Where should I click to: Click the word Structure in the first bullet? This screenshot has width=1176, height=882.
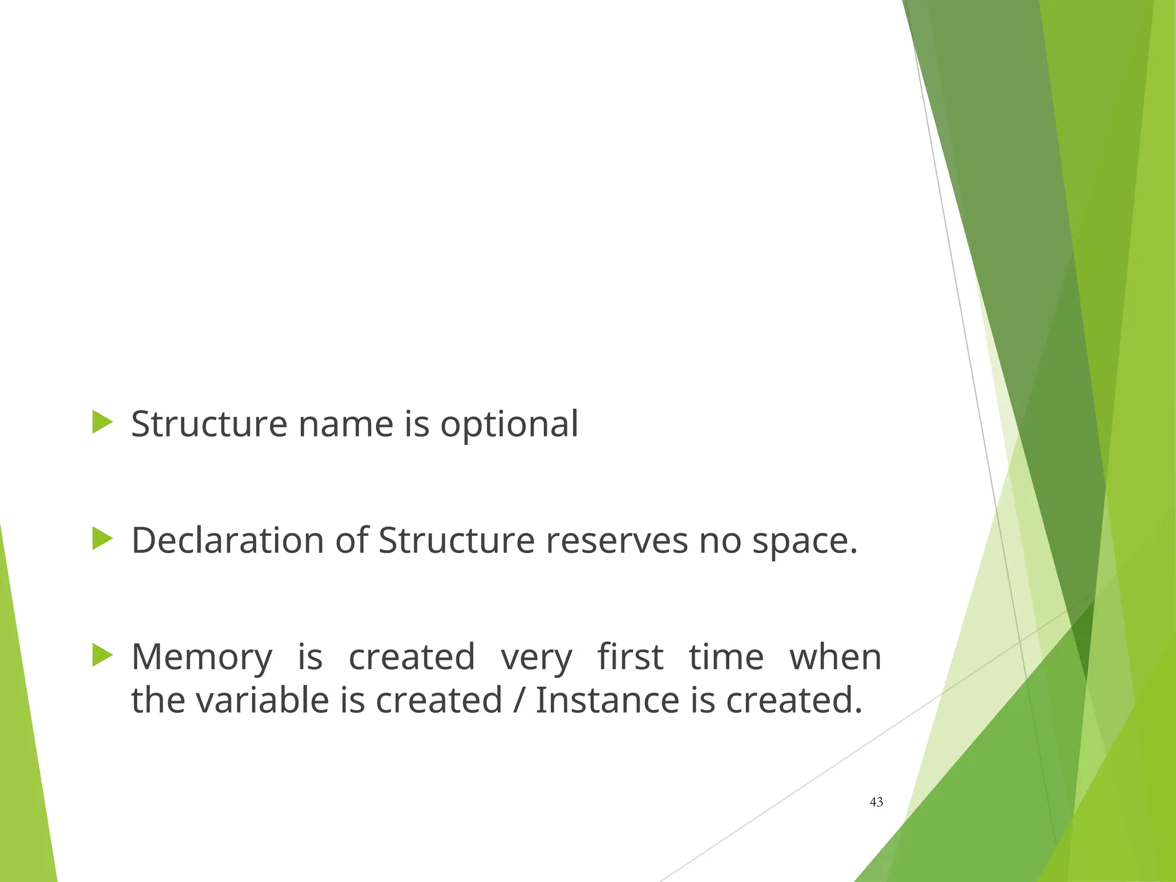[209, 424]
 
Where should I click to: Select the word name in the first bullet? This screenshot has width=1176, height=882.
[346, 424]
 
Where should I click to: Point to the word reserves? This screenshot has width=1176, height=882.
[616, 541]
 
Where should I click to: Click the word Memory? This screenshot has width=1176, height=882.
[202, 657]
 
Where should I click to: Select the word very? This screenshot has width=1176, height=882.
[536, 657]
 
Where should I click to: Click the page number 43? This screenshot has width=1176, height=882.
[876, 802]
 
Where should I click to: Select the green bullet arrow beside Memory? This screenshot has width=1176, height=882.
[102, 655]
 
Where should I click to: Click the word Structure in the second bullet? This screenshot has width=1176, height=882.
[457, 541]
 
